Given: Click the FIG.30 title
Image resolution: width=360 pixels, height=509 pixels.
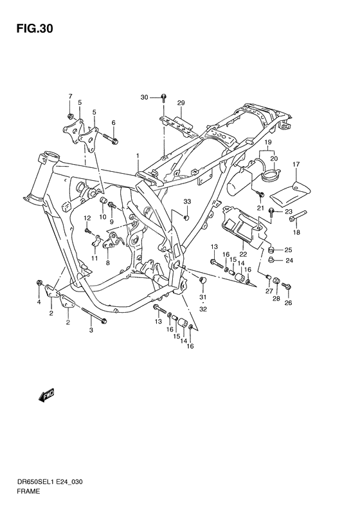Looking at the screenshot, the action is coord(35,29).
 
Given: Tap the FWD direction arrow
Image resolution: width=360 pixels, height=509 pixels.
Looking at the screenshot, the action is coord(46,395).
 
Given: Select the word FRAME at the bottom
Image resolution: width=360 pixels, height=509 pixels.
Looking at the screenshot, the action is coord(29,492).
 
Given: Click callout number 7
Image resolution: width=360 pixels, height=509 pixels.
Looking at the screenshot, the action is coord(70,96).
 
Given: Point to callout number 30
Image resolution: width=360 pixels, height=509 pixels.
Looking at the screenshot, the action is coord(144,97).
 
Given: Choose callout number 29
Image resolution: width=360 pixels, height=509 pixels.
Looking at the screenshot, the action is coord(181,103).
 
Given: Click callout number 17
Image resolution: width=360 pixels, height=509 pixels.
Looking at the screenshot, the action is coord(296,164).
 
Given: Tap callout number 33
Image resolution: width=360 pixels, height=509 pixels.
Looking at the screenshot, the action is coord(187,201).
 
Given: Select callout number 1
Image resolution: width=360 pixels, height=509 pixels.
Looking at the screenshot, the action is coord(138,156).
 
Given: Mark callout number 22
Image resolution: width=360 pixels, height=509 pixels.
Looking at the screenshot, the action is coord(243,254).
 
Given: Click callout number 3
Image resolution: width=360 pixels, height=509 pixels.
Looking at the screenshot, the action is coord(91,330).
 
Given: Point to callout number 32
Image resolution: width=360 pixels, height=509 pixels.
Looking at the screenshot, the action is coord(203,310).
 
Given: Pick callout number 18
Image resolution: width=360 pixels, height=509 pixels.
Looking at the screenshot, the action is coord(296,232).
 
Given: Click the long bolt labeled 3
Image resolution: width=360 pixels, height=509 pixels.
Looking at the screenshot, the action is coord(93,315).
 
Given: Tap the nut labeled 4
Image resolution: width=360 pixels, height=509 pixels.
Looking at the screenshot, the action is coord(39,282).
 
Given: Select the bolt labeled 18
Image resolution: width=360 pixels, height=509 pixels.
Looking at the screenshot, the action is coord(298,216).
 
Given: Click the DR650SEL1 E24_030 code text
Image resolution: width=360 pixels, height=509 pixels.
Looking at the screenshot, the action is coord(50,482).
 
